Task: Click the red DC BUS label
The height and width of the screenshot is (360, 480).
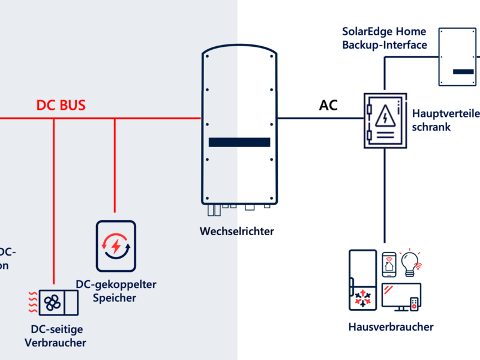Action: click(x=61, y=105)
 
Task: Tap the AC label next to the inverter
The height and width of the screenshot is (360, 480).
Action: click(x=328, y=106)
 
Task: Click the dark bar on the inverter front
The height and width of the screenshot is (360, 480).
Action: click(x=239, y=142)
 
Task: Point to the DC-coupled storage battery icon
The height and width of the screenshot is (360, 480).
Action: click(x=116, y=245)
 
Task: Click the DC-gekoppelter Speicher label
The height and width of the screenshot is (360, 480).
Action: click(x=116, y=290)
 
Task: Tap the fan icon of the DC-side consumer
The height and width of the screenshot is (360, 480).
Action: click(x=52, y=302)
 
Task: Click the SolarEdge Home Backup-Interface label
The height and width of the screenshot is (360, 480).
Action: click(x=385, y=37)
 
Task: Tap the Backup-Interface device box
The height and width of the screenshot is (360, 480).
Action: click(x=458, y=57)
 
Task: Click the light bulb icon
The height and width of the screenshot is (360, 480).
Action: click(x=410, y=262)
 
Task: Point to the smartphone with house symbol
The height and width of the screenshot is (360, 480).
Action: click(x=389, y=264)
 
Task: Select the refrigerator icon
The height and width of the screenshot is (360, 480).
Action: click(x=362, y=280)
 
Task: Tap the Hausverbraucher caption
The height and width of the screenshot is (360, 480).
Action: click(x=391, y=327)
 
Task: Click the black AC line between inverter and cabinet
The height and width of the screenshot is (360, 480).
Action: click(x=318, y=118)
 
